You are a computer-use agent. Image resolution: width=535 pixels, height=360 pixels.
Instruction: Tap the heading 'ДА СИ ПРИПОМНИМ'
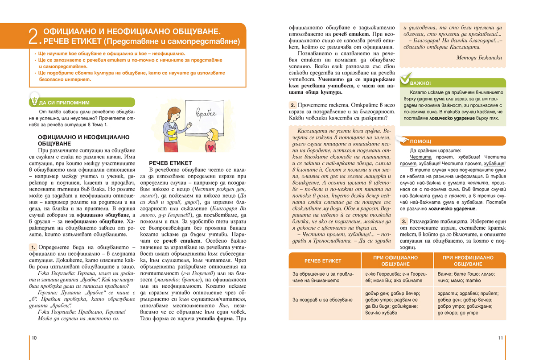point(64,102)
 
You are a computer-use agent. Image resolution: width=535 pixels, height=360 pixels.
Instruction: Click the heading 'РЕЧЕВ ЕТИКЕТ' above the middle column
point(170,163)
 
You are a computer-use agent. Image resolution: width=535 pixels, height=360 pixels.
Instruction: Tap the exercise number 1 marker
point(33,247)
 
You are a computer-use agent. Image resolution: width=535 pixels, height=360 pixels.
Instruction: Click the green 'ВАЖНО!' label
point(421,83)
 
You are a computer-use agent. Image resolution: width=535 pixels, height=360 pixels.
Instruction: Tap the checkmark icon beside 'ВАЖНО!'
point(405,80)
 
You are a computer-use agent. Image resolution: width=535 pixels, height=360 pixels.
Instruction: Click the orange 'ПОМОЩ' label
point(420,141)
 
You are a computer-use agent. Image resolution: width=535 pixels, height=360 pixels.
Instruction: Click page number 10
point(34,338)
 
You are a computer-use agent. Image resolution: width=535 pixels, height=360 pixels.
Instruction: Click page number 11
point(500,338)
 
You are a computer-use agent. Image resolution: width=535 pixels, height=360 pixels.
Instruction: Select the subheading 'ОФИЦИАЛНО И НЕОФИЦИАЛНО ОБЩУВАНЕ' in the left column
point(83,141)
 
